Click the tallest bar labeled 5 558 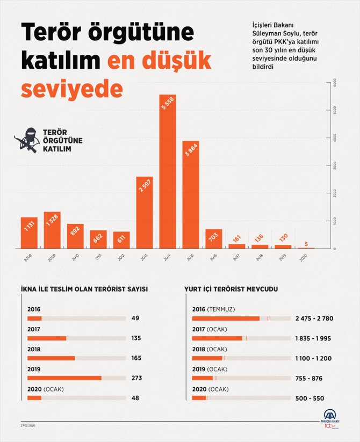pyautogui.click(x=168, y=172)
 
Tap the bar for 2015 pyautogui.click(x=191, y=194)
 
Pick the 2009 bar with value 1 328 pyautogui.click(x=52, y=230)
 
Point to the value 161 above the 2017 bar pyautogui.click(x=236, y=238)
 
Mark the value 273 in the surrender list pyautogui.click(x=136, y=378)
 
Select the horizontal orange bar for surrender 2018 pyautogui.click(x=51, y=358)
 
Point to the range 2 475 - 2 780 pyautogui.click(x=314, y=318)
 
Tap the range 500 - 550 pyautogui.click(x=309, y=398)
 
